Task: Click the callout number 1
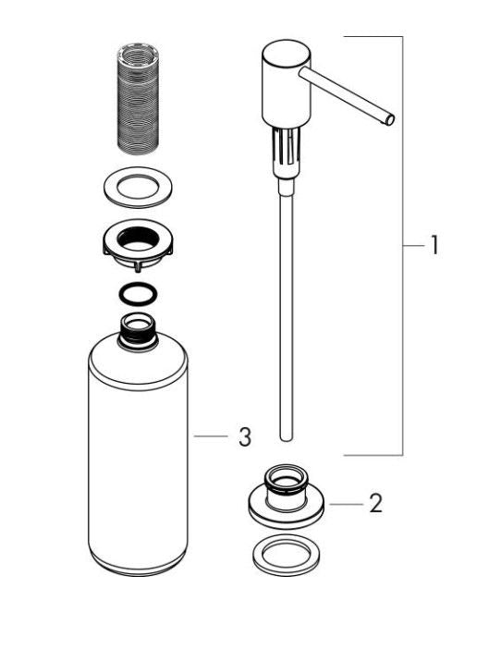[x=434, y=245]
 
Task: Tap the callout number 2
[x=375, y=503]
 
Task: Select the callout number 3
[x=245, y=436]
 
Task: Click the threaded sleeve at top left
[x=138, y=98]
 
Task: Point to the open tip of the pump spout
[x=390, y=120]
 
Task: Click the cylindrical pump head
[x=287, y=84]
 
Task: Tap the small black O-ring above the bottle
[x=138, y=293]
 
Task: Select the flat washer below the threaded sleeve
[x=138, y=188]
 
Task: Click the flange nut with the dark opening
[x=138, y=245]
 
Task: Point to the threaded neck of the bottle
[x=137, y=331]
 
